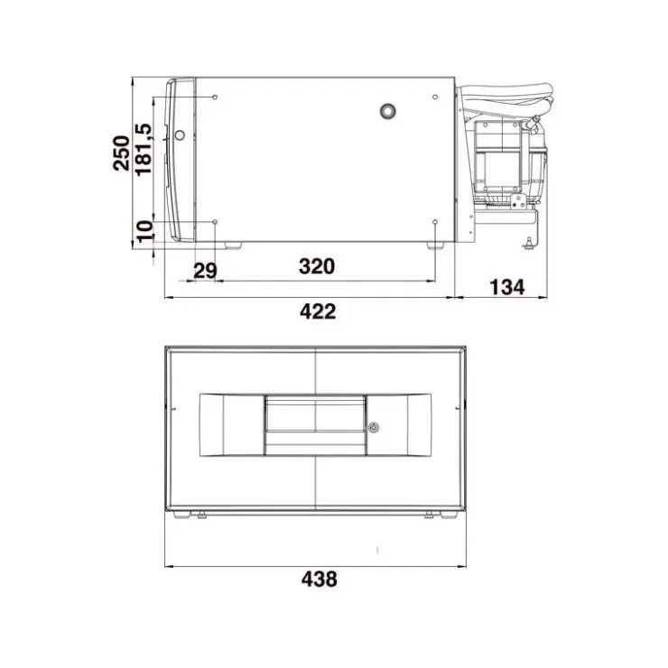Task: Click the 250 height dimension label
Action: click(121, 153)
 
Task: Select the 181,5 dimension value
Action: click(144, 149)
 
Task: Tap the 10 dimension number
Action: click(144, 231)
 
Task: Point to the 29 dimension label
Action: click(205, 271)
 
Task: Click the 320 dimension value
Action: click(317, 266)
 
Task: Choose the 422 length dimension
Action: click(318, 311)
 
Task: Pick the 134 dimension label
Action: click(507, 287)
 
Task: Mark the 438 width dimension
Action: click(319, 580)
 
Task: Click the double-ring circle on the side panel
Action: click(387, 111)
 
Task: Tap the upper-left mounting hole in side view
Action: click(215, 97)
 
